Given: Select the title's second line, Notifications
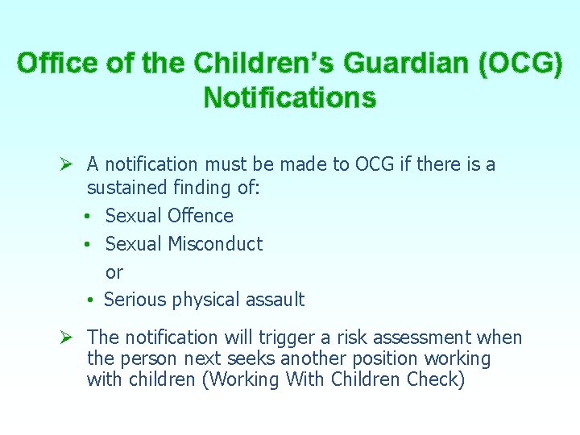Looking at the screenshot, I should tap(289, 97).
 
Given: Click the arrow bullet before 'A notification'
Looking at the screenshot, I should tap(68, 165).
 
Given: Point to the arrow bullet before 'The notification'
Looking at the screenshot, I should tap(68, 338).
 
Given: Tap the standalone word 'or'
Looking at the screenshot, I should tap(114, 272).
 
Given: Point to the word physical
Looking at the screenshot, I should tap(205, 300).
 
